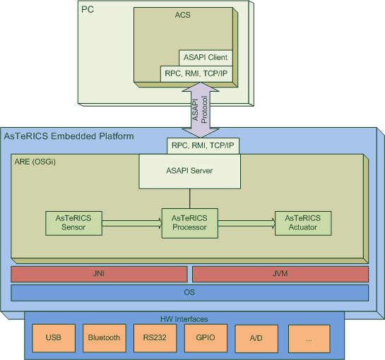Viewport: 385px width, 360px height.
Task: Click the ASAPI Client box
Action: (206, 58)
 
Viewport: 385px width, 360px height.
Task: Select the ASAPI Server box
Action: (189, 171)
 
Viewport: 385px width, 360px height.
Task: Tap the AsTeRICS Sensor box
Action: (73, 223)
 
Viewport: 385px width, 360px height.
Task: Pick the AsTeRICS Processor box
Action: (189, 223)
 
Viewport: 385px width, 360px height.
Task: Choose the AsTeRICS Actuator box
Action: (303, 223)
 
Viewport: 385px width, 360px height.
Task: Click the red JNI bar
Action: (99, 274)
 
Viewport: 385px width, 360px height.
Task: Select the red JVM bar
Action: (280, 274)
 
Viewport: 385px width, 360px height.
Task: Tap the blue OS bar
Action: (189, 292)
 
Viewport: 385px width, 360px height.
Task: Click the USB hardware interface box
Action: (54, 338)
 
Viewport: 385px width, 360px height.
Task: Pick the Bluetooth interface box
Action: (105, 338)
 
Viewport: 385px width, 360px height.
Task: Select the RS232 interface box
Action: (155, 338)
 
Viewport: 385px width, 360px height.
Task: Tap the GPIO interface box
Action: (206, 338)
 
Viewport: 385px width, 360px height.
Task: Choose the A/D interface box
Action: (256, 338)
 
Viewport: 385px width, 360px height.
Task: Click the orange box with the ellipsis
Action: (309, 338)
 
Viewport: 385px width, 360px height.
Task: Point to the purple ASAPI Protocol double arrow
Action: (201, 109)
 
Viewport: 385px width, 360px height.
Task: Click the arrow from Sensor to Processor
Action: (132, 223)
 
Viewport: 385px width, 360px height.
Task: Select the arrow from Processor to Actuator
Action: (247, 223)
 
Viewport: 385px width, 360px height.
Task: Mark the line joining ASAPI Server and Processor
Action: (189, 198)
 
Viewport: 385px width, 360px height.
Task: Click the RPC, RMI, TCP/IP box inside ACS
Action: (196, 73)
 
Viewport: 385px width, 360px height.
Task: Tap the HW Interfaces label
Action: (184, 319)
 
